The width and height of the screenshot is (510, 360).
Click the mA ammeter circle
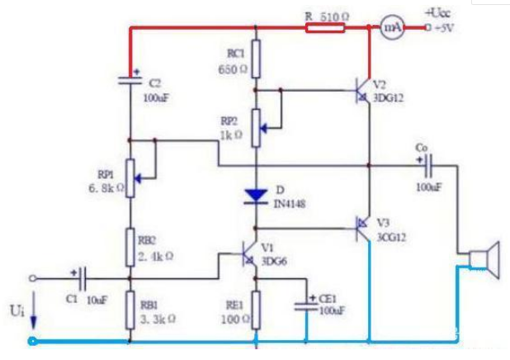392,27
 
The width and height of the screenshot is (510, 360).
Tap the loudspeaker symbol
481,258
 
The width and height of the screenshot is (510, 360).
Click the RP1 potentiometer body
130,176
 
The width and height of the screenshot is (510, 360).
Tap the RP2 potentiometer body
256,126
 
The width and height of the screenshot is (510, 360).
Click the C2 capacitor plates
130,80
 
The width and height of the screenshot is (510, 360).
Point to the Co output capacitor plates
428,165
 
